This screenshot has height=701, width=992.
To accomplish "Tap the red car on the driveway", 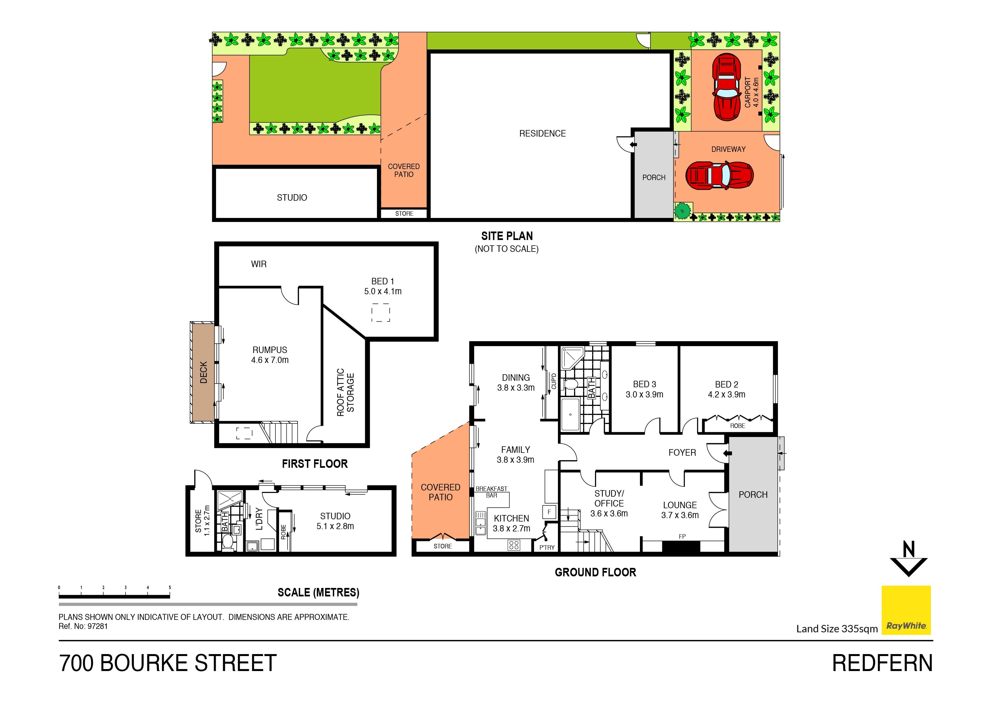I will pos(719,175).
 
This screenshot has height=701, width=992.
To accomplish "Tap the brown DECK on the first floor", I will pos(203,372).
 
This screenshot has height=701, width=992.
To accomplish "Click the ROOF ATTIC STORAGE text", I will pos(345,392).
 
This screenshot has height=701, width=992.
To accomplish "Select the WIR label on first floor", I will pos(258,264).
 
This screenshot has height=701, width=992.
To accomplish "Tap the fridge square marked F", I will pos(549,512).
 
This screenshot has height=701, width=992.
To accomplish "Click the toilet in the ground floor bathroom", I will pos(571,384).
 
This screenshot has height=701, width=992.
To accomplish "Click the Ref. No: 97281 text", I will pos(83,626).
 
